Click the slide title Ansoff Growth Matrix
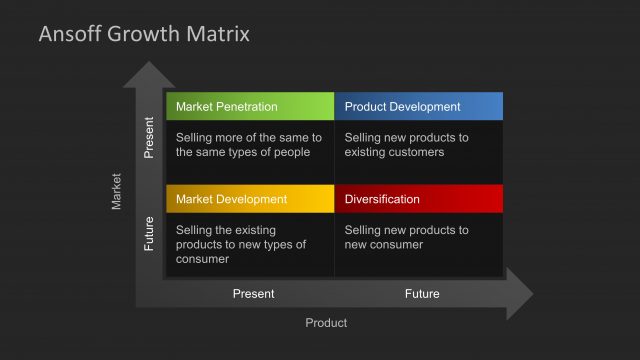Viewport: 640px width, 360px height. (144, 35)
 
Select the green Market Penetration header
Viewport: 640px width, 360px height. (250, 106)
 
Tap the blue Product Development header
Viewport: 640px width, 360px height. (418, 106)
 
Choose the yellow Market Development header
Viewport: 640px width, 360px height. (250, 199)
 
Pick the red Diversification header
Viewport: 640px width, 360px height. (418, 199)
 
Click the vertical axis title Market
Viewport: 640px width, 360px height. (117, 191)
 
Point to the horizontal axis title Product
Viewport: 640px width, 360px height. (326, 322)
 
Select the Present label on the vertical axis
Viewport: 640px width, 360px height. (150, 138)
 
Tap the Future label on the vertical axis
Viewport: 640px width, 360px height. (150, 234)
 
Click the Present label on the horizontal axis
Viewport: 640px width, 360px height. (253, 294)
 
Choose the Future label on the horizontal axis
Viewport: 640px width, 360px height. (422, 294)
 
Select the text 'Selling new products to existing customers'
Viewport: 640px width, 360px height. (406, 144)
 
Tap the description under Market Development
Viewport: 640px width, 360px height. (241, 244)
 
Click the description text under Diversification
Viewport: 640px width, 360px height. (406, 237)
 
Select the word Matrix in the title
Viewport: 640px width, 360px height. (221, 35)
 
